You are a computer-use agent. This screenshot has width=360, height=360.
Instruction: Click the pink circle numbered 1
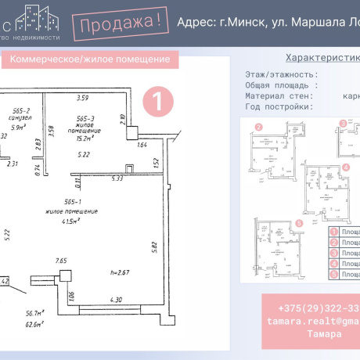(159, 101)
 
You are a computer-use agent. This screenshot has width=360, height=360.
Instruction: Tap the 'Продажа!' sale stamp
(122, 23)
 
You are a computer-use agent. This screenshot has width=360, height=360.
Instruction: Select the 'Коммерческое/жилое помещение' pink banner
(90, 60)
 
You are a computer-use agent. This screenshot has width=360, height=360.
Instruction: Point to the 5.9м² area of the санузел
(18, 127)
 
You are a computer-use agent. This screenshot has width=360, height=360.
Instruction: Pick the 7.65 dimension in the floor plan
(60, 260)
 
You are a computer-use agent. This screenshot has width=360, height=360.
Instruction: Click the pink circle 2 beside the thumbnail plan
(258, 127)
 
